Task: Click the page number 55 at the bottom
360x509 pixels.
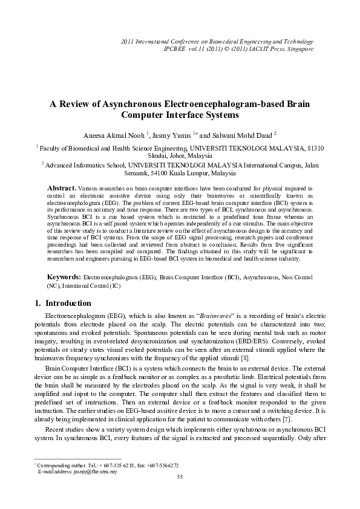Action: (x=180, y=478)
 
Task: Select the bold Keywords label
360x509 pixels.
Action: (x=64, y=276)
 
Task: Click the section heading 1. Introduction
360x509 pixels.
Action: (x=59, y=303)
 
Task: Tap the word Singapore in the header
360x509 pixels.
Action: (x=299, y=48)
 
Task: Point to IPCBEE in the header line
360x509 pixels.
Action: (x=177, y=48)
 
